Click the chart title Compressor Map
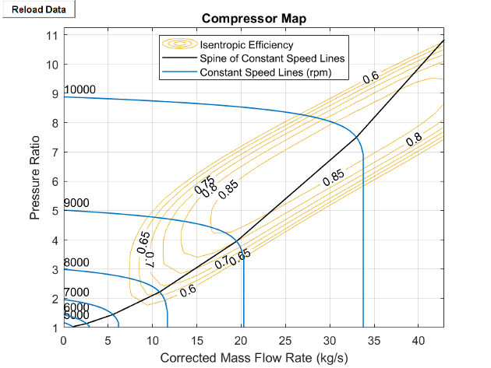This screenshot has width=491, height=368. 254,19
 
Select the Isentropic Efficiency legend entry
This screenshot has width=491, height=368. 246,44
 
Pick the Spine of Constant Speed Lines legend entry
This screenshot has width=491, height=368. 272,58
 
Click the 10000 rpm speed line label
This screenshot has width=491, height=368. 79,89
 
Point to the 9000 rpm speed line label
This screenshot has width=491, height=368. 76,203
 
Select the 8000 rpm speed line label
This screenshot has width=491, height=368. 76,262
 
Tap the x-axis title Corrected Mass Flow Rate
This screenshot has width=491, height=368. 254,358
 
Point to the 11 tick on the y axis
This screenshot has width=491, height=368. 53,35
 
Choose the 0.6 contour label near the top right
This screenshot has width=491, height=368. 371,76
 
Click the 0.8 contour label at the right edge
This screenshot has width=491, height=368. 414,139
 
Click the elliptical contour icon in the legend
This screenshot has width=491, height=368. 179,44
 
